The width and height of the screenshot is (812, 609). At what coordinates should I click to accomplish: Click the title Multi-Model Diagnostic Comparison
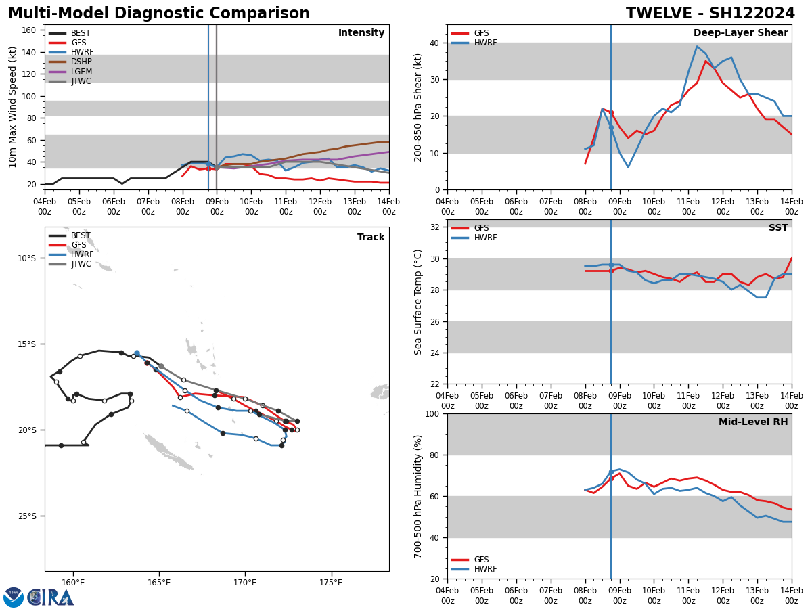click(x=158, y=14)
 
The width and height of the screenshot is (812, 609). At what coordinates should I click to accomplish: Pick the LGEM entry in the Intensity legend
click(x=81, y=72)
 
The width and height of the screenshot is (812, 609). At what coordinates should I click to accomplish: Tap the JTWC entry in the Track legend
click(x=81, y=264)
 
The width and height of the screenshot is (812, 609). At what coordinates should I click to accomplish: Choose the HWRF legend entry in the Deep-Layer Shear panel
click(x=484, y=43)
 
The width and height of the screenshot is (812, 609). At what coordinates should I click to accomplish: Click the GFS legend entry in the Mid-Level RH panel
click(x=481, y=560)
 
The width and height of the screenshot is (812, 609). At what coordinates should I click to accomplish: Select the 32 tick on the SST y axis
click(x=434, y=227)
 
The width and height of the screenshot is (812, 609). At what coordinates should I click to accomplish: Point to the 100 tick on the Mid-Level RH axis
click(x=432, y=413)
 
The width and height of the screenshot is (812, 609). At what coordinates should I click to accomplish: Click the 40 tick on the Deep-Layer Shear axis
click(x=434, y=43)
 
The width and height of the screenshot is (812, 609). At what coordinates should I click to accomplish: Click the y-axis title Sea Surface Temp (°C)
click(x=418, y=302)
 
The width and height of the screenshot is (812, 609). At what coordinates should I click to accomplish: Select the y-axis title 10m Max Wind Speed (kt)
click(x=14, y=107)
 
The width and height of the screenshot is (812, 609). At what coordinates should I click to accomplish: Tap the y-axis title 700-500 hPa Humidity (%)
click(x=418, y=496)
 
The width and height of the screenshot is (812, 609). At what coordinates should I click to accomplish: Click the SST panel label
click(x=777, y=228)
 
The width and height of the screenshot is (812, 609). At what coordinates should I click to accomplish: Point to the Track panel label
click(x=371, y=238)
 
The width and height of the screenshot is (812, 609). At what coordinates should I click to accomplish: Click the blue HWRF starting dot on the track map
click(x=137, y=353)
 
